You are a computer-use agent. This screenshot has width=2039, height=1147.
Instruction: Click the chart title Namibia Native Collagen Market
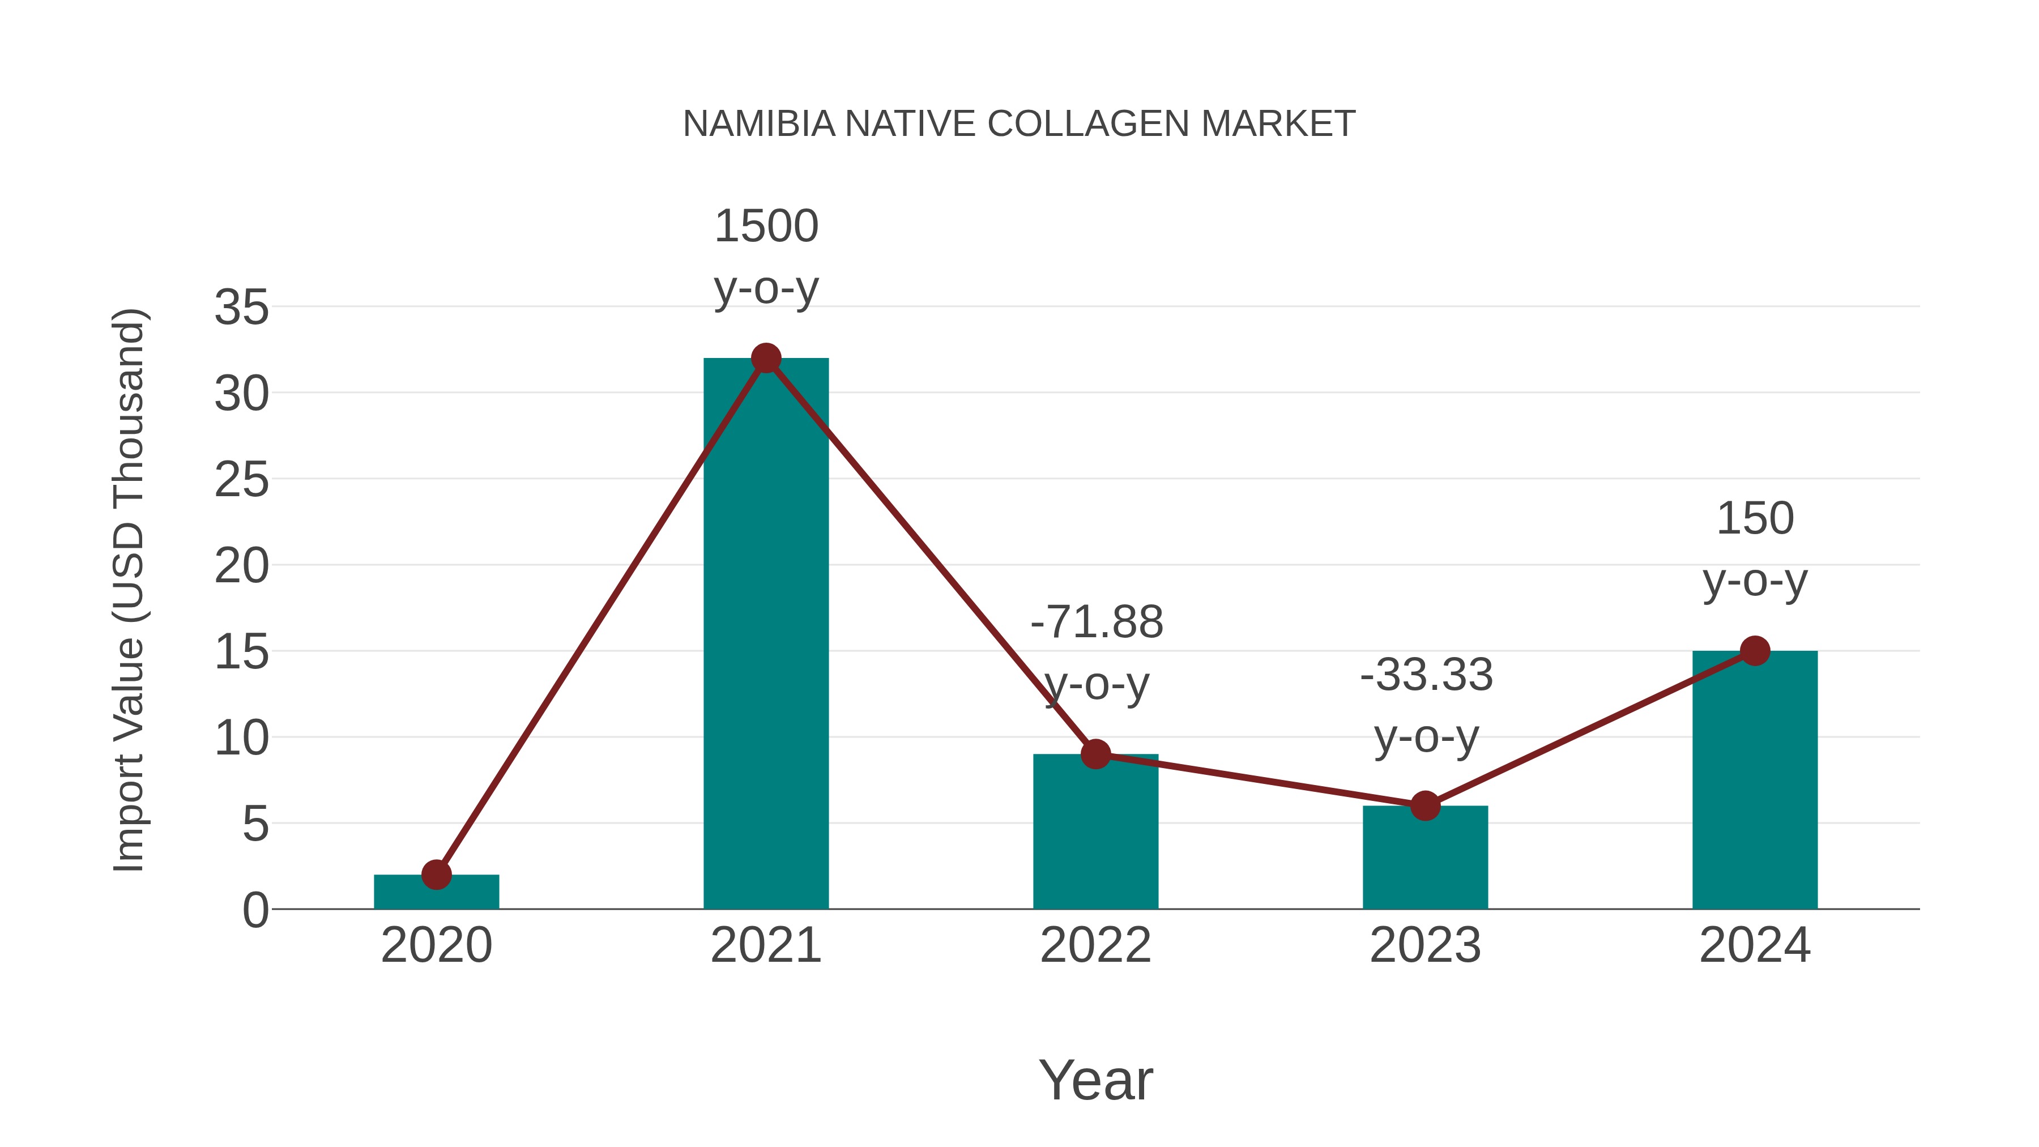(x=1019, y=124)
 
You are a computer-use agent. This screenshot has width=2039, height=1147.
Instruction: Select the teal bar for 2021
(x=765, y=633)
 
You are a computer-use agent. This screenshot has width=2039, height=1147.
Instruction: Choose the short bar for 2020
(x=436, y=892)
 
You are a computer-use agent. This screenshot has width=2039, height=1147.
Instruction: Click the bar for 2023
(x=1425, y=859)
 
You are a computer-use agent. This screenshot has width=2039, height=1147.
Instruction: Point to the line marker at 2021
(x=765, y=359)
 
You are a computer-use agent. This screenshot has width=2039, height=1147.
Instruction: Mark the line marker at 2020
(x=436, y=875)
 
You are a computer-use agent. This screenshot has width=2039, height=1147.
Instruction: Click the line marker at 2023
(x=1425, y=806)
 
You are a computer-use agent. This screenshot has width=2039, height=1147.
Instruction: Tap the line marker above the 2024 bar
(x=1754, y=651)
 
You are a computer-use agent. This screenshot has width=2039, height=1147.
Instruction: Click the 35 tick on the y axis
(x=241, y=307)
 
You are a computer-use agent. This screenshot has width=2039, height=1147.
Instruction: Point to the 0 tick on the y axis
(x=255, y=910)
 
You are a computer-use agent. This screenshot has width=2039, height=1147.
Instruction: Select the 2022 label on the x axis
(x=1095, y=945)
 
